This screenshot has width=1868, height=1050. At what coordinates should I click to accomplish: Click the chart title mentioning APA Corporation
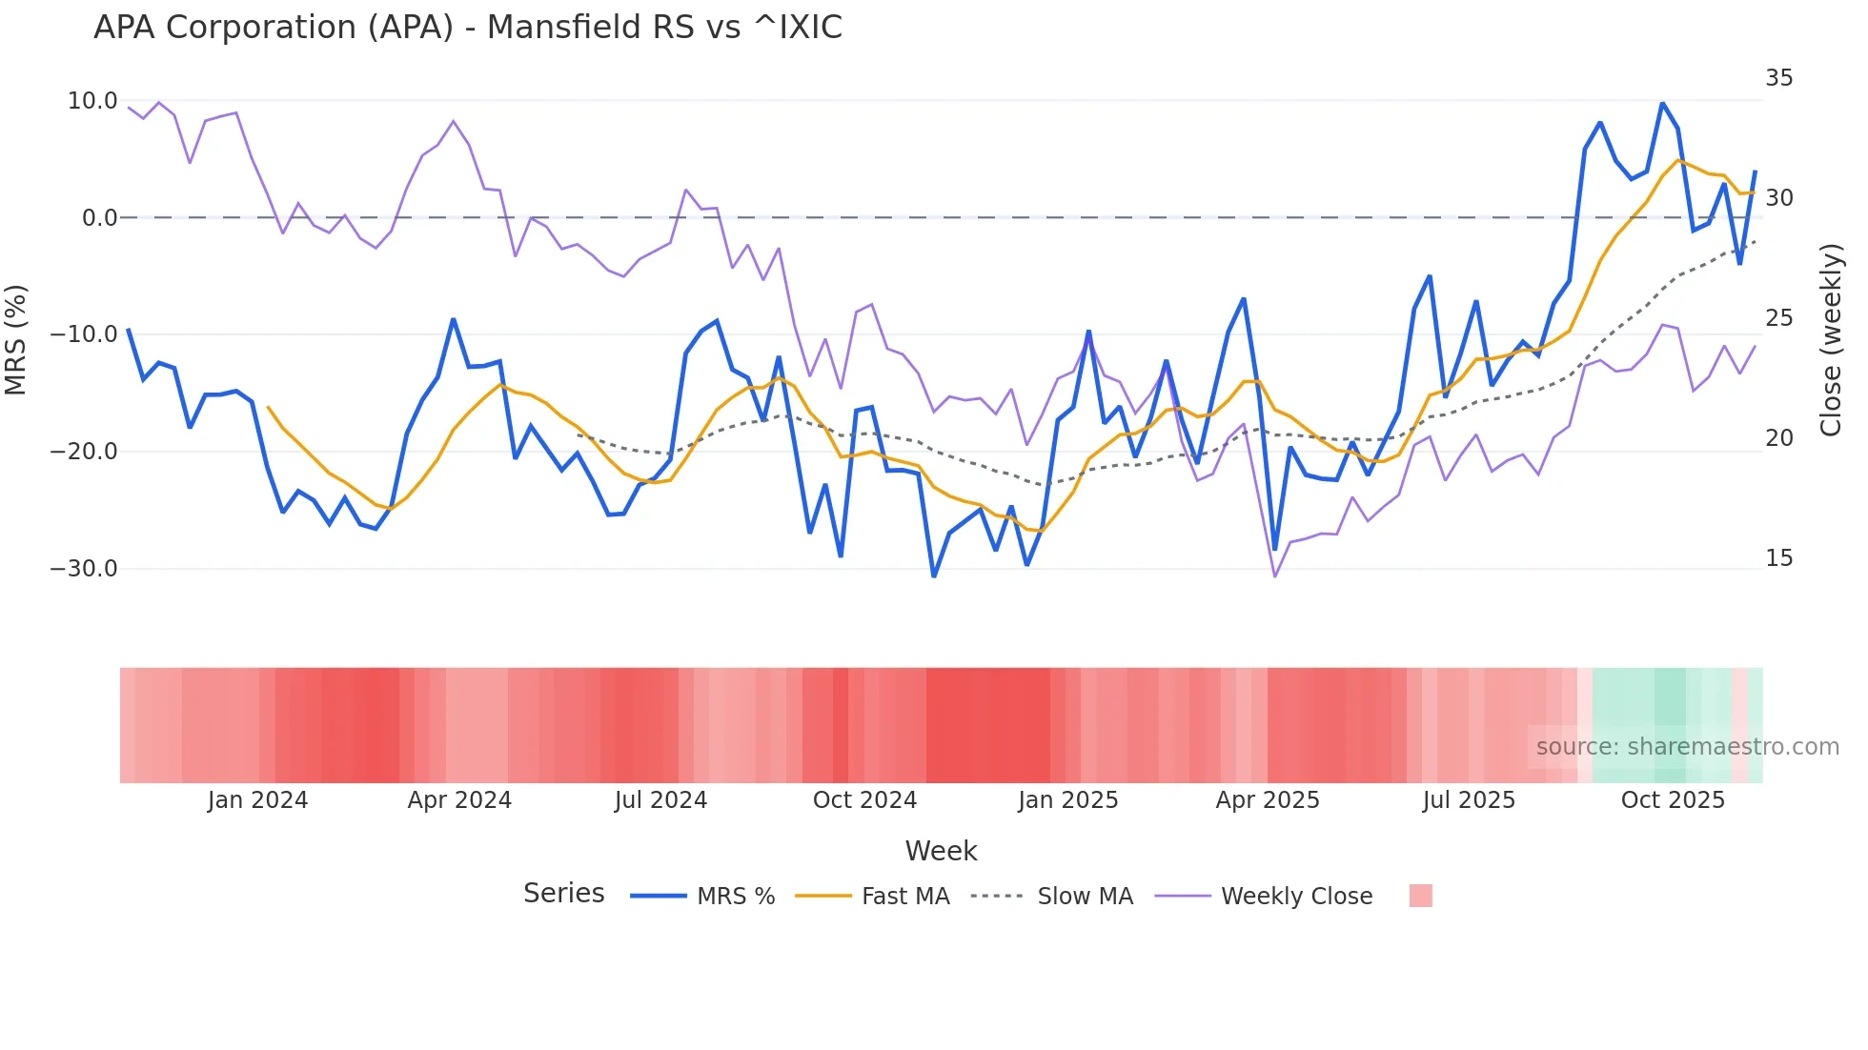click(x=467, y=28)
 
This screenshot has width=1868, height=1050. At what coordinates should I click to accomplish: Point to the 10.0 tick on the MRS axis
click(x=92, y=101)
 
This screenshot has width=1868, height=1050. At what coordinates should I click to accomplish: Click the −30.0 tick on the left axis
click(x=84, y=569)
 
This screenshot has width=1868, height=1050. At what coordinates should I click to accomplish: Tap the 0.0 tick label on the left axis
click(x=99, y=218)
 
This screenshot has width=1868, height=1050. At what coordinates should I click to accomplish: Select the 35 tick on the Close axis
click(x=1778, y=78)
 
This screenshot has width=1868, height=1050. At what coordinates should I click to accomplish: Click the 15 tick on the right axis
click(x=1778, y=558)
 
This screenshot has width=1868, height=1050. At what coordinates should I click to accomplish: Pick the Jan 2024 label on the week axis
click(x=257, y=800)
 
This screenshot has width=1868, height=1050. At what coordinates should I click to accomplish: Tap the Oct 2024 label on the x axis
click(x=864, y=800)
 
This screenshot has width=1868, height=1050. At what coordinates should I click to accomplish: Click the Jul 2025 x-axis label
click(x=1469, y=800)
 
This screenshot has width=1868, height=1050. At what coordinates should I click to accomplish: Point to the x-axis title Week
click(x=941, y=851)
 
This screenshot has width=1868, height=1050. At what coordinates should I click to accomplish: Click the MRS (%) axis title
click(x=16, y=339)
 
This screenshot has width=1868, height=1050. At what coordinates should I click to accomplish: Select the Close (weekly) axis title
click(x=1831, y=339)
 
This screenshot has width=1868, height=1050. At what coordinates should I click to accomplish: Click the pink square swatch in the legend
click(x=1420, y=896)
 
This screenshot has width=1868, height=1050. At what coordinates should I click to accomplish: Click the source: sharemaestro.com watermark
click(x=1687, y=747)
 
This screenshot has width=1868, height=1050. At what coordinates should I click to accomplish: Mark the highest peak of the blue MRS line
click(x=1662, y=103)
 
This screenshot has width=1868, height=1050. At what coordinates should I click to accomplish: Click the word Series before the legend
click(x=563, y=894)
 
